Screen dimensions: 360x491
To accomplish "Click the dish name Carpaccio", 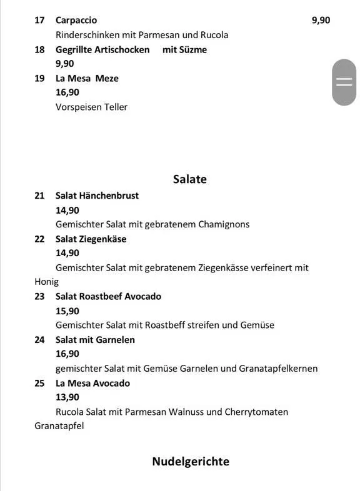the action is [76, 20].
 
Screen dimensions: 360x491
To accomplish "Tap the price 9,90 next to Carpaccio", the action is [321, 20].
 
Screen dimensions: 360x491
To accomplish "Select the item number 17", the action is [39, 20].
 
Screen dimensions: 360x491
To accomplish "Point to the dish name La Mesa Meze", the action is [87, 78].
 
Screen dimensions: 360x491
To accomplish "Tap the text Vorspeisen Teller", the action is [91, 107].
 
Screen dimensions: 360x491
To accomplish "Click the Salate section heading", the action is [189, 179].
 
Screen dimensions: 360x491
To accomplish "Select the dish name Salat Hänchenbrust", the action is [97, 196].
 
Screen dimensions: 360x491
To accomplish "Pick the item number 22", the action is [39, 239].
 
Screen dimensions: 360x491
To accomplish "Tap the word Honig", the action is [46, 282].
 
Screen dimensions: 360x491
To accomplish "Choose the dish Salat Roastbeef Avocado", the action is [108, 296].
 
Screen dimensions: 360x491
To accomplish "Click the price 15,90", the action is [67, 310].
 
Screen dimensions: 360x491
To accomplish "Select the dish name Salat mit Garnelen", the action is [95, 340].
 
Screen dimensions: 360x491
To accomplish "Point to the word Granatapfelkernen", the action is [278, 369].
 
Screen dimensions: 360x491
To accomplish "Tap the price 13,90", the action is [67, 397].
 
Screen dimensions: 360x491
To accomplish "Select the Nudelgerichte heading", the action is [191, 462].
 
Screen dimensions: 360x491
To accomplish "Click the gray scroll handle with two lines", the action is [344, 82].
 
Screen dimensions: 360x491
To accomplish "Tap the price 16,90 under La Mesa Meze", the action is [67, 92].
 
